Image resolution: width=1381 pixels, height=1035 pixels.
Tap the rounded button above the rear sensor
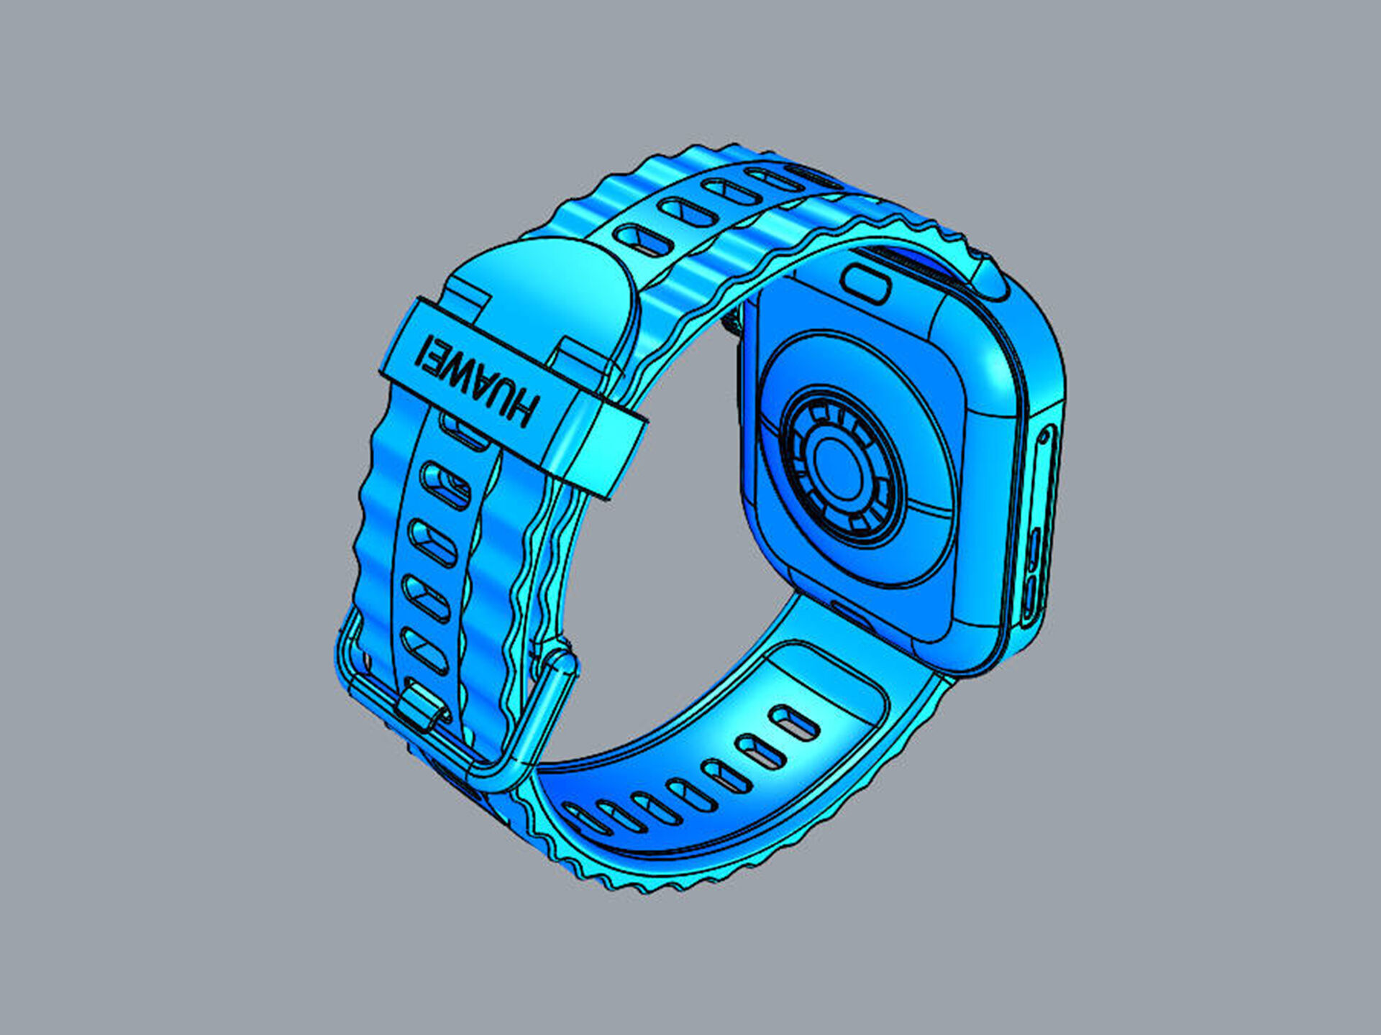[867, 282]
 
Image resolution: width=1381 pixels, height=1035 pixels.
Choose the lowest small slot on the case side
[1030, 604]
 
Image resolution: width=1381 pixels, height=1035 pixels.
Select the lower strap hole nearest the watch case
[794, 722]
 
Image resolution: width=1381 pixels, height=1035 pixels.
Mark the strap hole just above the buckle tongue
[424, 650]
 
